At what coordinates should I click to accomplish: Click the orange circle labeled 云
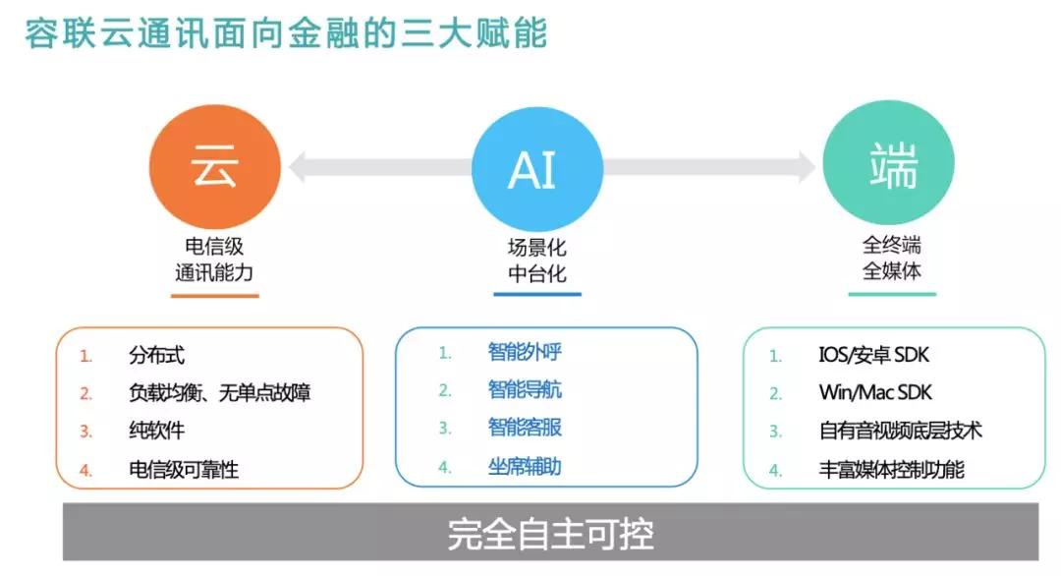pos(214,166)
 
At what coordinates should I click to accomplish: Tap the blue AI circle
pos(537,169)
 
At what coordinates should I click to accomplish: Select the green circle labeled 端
pos(888,163)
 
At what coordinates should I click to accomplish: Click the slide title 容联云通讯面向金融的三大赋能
pos(286,33)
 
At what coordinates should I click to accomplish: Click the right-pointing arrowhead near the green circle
pos(808,166)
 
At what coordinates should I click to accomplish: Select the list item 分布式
pos(156,356)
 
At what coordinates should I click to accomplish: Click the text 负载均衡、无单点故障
pos(219,392)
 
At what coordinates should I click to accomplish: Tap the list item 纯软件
pos(156,431)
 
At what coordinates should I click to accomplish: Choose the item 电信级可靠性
pos(184,470)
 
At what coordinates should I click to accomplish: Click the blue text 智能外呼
pos(525,352)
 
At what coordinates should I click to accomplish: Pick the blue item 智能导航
pos(525,390)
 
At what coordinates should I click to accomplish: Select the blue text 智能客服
pos(525,428)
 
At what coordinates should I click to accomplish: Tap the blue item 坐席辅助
pos(525,466)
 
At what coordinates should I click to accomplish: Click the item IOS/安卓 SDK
pos(873,355)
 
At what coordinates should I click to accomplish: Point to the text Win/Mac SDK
pos(875,392)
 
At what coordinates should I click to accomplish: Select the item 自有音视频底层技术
pos(900,431)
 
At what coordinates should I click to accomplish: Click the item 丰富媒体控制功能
pos(891,470)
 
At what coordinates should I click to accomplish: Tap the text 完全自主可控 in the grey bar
pos(551,534)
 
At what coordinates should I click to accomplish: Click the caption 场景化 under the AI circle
pos(537,248)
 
